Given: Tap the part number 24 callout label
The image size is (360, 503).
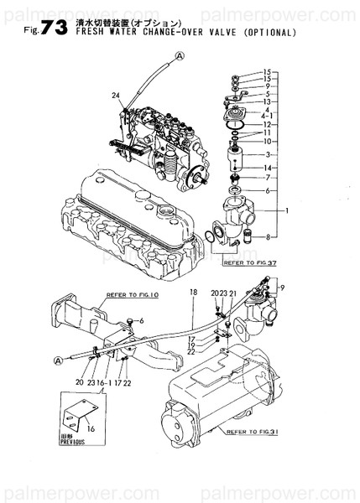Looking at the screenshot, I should [x=117, y=96].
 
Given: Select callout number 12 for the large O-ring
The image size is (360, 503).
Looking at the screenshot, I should [x=265, y=124].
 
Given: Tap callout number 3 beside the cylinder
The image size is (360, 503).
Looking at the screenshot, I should [x=266, y=155].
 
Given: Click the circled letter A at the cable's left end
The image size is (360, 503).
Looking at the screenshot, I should [x=58, y=360].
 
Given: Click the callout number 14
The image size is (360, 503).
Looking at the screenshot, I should [x=266, y=144].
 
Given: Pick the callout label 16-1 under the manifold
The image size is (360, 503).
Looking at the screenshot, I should [x=102, y=382].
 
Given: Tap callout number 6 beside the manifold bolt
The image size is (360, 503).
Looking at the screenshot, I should [x=141, y=321].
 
